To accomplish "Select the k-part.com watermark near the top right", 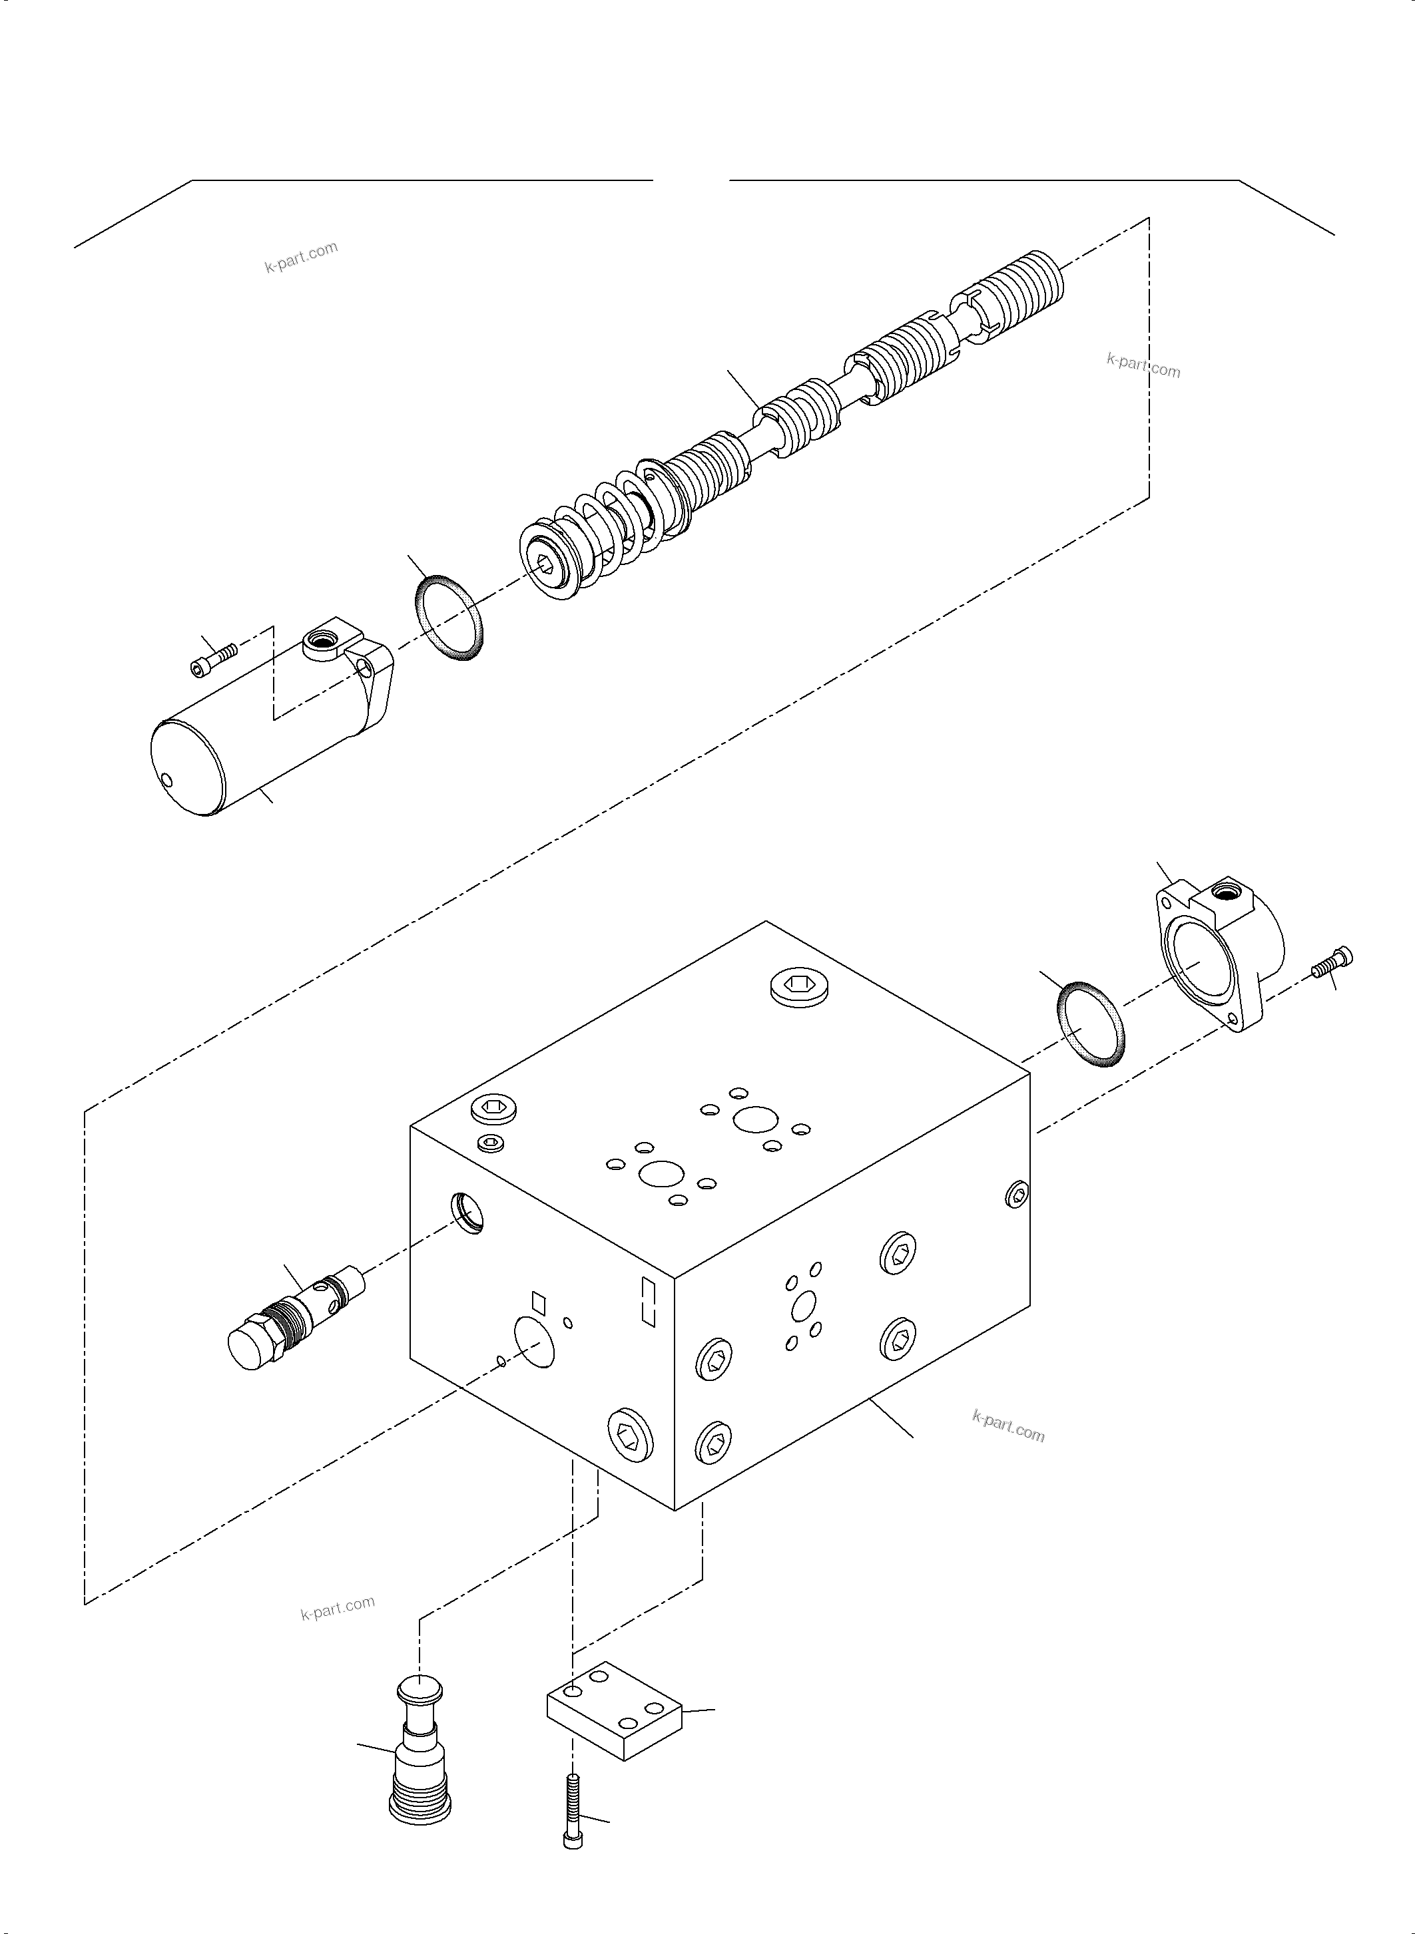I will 1143,365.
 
